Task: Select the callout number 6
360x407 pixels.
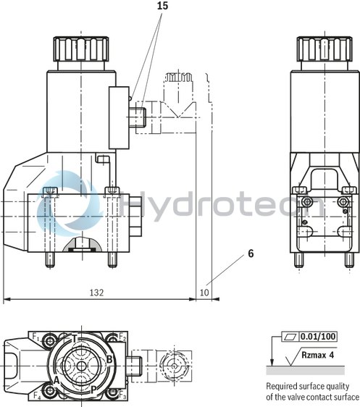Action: click(251, 254)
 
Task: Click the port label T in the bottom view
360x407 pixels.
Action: click(75, 339)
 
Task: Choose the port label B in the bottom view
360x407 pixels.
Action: click(109, 358)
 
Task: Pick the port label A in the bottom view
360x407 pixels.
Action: click(56, 379)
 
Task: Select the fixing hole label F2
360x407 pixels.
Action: click(122, 337)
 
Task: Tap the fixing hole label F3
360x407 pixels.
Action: click(122, 396)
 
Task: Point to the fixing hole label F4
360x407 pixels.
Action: click(36, 396)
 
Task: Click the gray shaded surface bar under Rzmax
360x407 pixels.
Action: click(311, 370)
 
